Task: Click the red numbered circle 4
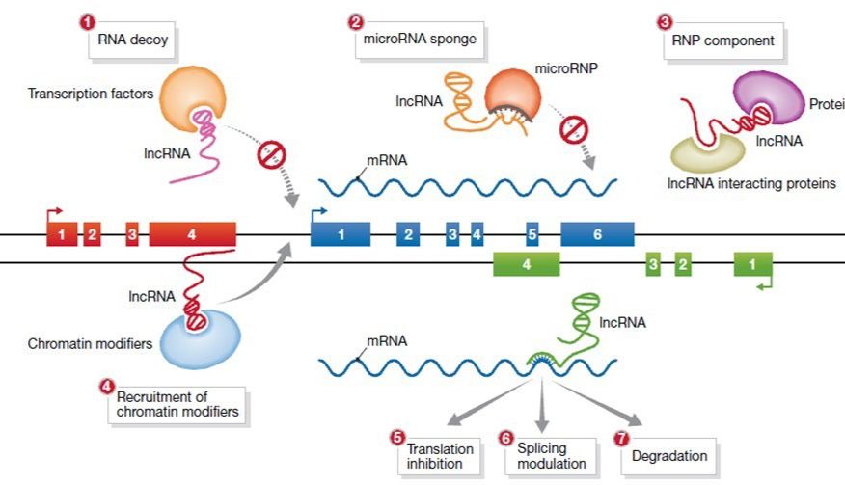[x=106, y=386]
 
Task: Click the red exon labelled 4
[x=191, y=233]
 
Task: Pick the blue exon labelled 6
[x=597, y=233]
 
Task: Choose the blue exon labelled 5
[x=532, y=233]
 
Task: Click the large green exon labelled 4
[x=526, y=263]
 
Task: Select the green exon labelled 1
[x=753, y=263]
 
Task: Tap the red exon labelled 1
[x=61, y=233]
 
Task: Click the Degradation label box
[x=669, y=456]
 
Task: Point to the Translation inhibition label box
[x=440, y=456]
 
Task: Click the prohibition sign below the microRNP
[x=576, y=127]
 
